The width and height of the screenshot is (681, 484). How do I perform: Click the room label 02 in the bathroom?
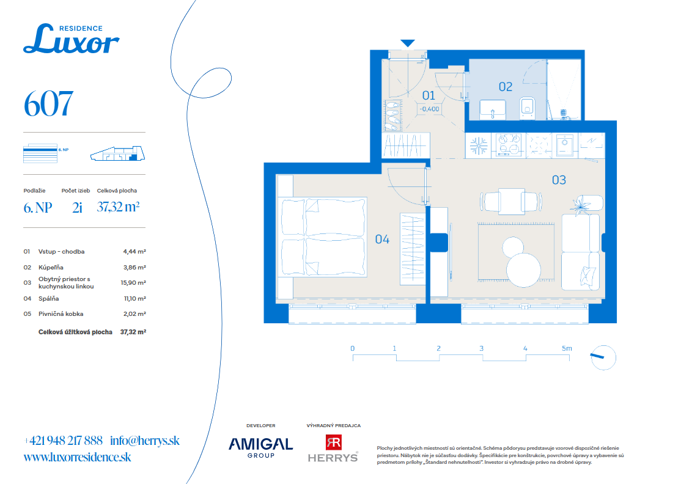505,87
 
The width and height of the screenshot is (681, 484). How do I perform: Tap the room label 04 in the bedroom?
382,239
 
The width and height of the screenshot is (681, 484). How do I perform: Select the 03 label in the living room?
559,180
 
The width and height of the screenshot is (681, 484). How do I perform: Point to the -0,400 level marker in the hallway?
430,109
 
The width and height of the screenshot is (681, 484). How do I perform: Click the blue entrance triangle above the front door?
407,43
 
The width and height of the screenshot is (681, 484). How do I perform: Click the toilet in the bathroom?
527,108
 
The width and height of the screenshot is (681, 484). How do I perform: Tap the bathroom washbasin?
493,110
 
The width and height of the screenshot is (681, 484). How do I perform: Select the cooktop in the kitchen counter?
509,145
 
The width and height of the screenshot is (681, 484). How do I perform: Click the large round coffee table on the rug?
523,270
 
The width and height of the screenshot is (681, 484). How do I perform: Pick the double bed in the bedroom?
323,237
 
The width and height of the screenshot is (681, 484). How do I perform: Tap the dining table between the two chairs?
512,202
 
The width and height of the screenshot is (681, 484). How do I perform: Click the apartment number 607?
48,104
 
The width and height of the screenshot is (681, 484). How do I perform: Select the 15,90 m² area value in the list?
133,282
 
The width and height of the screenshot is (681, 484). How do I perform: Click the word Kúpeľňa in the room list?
51,268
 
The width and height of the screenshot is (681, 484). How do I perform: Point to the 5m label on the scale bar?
567,348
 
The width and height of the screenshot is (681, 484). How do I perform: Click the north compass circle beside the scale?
603,358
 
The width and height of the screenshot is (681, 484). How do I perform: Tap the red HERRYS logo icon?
334,442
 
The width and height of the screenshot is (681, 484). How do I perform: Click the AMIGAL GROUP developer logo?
260,447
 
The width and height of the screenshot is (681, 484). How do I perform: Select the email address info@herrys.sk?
145,441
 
